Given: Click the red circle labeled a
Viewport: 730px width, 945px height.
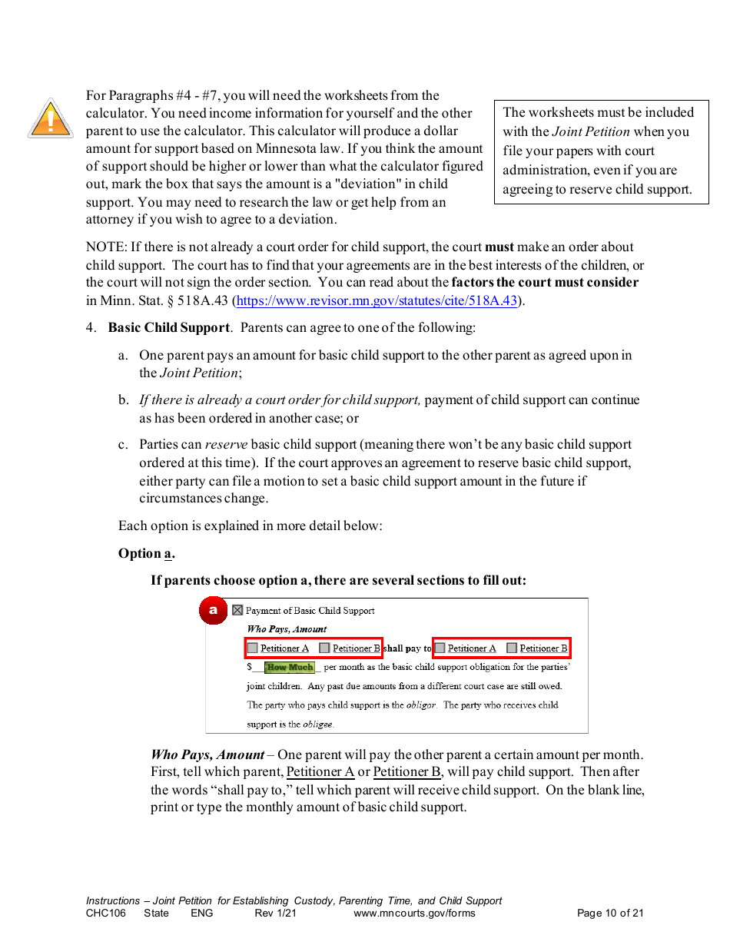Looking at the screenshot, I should pyautogui.click(x=214, y=611).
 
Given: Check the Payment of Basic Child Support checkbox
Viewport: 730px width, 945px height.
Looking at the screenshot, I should pyautogui.click(x=237, y=611).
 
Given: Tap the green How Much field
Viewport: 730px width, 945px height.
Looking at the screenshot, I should pyautogui.click(x=290, y=668).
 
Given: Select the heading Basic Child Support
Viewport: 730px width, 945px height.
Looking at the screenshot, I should pyautogui.click(x=168, y=328).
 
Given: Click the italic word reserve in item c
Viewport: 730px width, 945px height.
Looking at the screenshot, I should pyautogui.click(x=224, y=445).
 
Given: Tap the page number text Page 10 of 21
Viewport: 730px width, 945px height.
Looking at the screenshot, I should pyautogui.click(x=610, y=913).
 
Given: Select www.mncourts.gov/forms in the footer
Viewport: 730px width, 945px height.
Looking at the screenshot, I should pyautogui.click(x=414, y=913).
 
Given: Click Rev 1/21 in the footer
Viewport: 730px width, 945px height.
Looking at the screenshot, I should pyautogui.click(x=275, y=913).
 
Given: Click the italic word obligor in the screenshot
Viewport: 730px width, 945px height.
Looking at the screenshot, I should pyautogui.click(x=421, y=705).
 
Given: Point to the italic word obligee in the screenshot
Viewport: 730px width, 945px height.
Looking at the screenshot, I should pyautogui.click(x=318, y=724).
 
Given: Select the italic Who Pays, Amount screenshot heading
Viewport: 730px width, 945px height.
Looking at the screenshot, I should pyautogui.click(x=287, y=629).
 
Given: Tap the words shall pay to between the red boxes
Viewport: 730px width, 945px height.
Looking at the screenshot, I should pyautogui.click(x=407, y=648).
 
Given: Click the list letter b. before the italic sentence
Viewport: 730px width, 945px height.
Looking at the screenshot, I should pyautogui.click(x=124, y=400).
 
